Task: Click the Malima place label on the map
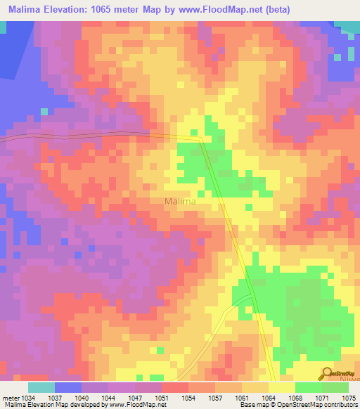[179, 202]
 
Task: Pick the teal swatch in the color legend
[41, 387]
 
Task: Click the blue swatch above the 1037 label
[68, 387]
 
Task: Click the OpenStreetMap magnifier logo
[328, 373]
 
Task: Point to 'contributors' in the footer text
[340, 405]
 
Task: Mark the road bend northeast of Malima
[200, 138]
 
